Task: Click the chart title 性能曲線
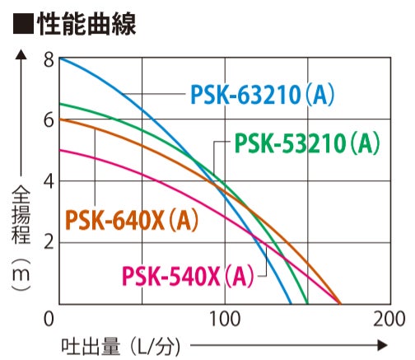[86, 24]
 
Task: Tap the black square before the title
[23, 24]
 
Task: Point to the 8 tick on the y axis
[49, 60]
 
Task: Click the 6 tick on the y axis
[49, 120]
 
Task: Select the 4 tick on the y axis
[49, 181]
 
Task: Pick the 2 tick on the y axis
[49, 242]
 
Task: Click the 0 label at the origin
[49, 319]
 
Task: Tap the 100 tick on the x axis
[225, 319]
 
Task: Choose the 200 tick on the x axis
[389, 319]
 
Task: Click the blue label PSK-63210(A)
[263, 95]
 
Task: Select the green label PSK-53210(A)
[307, 143]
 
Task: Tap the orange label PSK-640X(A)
[132, 220]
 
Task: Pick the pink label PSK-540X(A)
[189, 276]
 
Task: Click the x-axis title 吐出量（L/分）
[121, 346]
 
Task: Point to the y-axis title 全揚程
[21, 215]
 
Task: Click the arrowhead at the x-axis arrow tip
[382, 345]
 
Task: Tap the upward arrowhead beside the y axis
[21, 54]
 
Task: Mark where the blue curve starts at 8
[60, 58]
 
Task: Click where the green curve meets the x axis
[307, 304]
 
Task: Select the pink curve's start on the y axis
[60, 150]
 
